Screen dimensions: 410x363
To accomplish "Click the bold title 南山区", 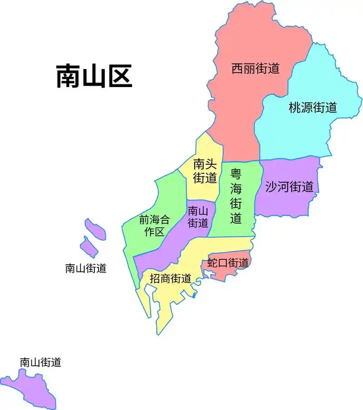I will pos(94,76).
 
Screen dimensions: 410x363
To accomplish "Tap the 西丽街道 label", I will pos(255,68).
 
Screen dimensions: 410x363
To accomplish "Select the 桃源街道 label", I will pos(313,107).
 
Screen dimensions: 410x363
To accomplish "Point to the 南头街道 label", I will pos(205,171).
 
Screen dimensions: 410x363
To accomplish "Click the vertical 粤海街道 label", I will pos(236,196).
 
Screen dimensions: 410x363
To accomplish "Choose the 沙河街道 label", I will pos(289,186).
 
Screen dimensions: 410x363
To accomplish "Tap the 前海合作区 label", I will pos(154,226).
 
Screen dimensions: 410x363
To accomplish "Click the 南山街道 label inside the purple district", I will pos(198,217).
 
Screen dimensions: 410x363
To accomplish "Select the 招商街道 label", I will pos(170,278).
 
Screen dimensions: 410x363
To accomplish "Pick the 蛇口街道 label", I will pos(228,263).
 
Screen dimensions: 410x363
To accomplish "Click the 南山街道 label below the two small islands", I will pos(86,268).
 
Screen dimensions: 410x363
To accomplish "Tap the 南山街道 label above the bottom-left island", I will pos(40,362).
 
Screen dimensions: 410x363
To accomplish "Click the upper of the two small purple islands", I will pos(96,229).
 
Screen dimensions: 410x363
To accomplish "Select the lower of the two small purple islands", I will pos(89,247).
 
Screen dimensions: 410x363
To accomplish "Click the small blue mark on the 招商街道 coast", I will pos(194,295).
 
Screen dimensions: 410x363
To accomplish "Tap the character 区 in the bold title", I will pos(119,76).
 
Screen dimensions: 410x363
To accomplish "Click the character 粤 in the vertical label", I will pos(236,174).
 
